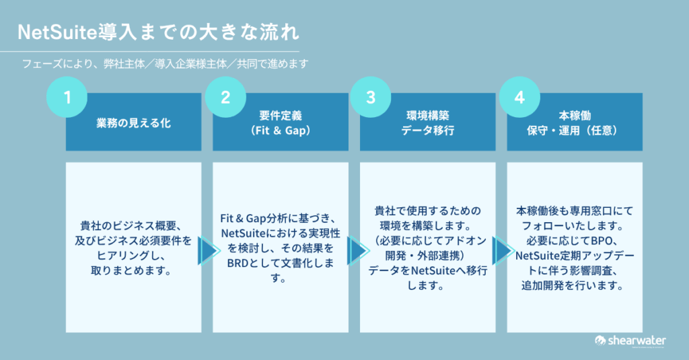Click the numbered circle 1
click(x=67, y=98)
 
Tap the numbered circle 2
click(x=225, y=98)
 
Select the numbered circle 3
click(x=370, y=98)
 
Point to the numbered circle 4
click(x=518, y=98)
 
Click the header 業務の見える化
click(x=133, y=124)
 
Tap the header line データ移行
click(x=428, y=131)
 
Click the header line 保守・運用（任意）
click(x=575, y=131)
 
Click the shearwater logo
click(x=629, y=341)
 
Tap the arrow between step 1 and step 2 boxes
click(x=208, y=251)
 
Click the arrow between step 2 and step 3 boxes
click(x=355, y=251)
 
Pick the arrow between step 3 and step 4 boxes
click(x=502, y=251)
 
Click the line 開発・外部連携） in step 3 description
click(x=429, y=256)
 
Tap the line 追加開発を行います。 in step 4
click(x=575, y=286)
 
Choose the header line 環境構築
click(x=428, y=116)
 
